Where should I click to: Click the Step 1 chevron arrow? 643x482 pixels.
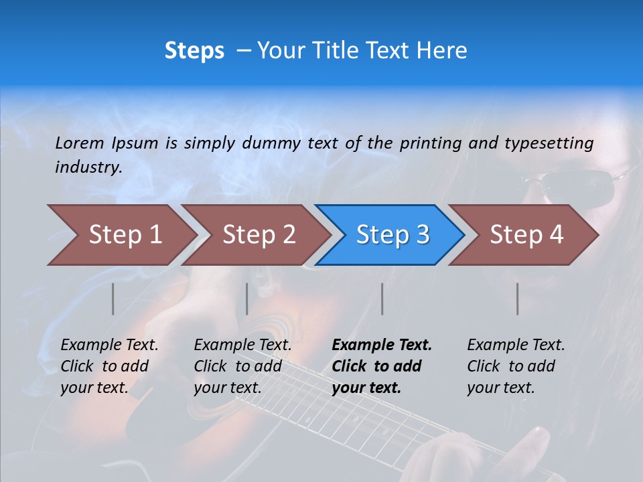(x=124, y=235)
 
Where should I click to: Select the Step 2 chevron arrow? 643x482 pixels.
(x=258, y=235)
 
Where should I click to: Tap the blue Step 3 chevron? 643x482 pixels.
(x=392, y=235)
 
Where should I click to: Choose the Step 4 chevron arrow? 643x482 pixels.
(x=526, y=235)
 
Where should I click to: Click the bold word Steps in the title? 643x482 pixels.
(x=194, y=51)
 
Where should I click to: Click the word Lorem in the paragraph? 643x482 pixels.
(x=79, y=143)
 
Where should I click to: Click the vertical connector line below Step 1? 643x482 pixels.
(x=113, y=299)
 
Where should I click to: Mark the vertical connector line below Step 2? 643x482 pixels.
(x=247, y=299)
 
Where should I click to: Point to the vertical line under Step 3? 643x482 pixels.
(x=382, y=299)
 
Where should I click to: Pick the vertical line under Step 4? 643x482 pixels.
(x=518, y=299)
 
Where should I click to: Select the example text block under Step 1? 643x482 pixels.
(x=109, y=366)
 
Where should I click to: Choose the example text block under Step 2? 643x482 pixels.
(x=242, y=366)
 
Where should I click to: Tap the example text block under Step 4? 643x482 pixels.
(x=516, y=366)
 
